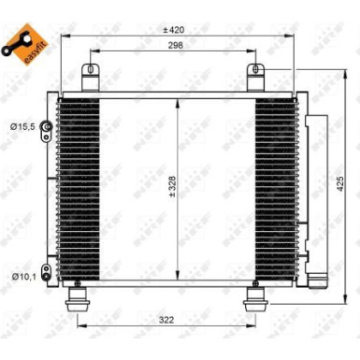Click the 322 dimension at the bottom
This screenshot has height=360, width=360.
click(x=166, y=320)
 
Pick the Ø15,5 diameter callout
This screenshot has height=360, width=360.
click(x=20, y=124)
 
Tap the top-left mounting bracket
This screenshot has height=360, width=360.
click(x=91, y=74)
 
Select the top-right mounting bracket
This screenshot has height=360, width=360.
click(x=254, y=74)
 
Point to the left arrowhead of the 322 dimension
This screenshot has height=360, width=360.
click(x=81, y=326)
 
